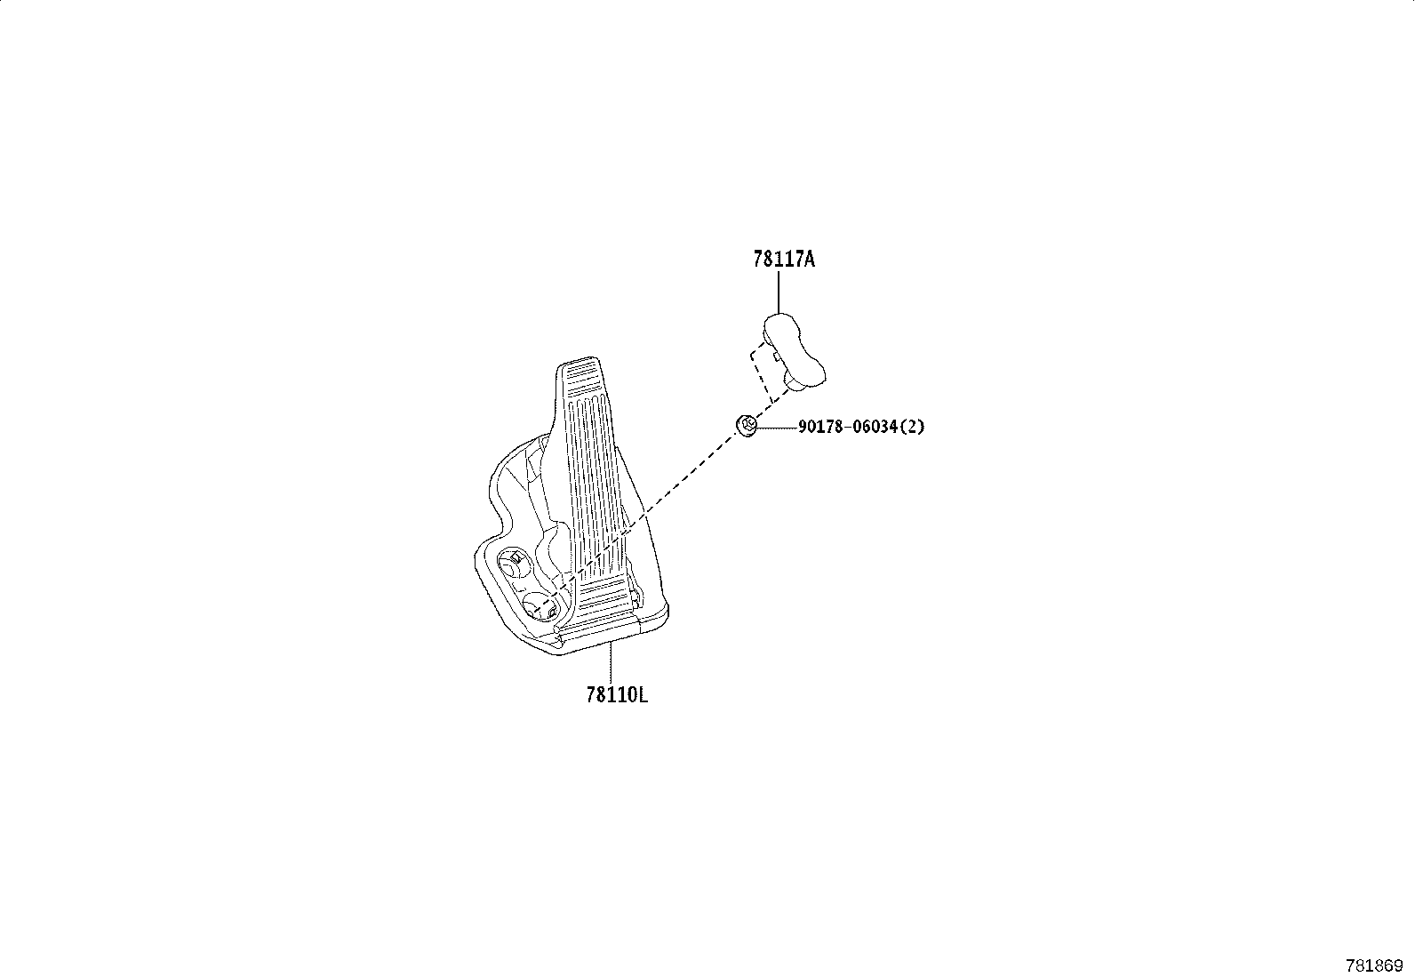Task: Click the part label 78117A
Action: coord(783,259)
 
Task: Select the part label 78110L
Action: coord(617,695)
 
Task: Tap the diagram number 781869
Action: coord(1374,966)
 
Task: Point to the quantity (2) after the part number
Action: coord(912,427)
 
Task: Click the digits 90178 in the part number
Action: coord(820,427)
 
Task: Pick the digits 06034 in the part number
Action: coord(875,427)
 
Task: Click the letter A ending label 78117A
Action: coord(809,259)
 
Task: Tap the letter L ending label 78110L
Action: coord(643,695)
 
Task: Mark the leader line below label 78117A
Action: coord(779,292)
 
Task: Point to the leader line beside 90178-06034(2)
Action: coord(778,428)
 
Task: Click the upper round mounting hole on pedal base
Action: coord(513,564)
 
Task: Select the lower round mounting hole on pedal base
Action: coord(540,606)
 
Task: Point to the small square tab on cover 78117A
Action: coord(776,356)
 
